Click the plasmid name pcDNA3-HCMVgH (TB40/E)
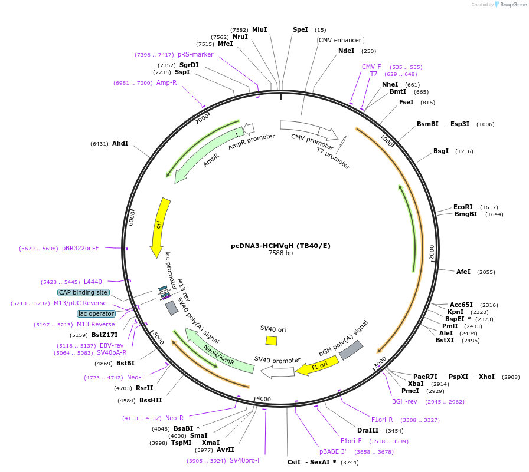coord(280,246)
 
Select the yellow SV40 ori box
coord(272,340)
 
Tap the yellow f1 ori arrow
coord(317,366)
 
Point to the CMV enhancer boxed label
coord(339,40)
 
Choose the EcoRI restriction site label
coord(463,207)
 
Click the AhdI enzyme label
coord(120,143)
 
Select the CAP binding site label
coord(83,292)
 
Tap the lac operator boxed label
coord(96,313)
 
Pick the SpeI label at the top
coord(301,29)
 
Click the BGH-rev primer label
coord(404,401)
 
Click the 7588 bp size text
coord(280,253)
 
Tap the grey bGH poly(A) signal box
coord(351,350)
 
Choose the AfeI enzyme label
coord(463,272)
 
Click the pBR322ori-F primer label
coord(80,248)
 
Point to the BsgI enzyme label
coord(441,151)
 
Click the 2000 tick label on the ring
coord(432,252)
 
